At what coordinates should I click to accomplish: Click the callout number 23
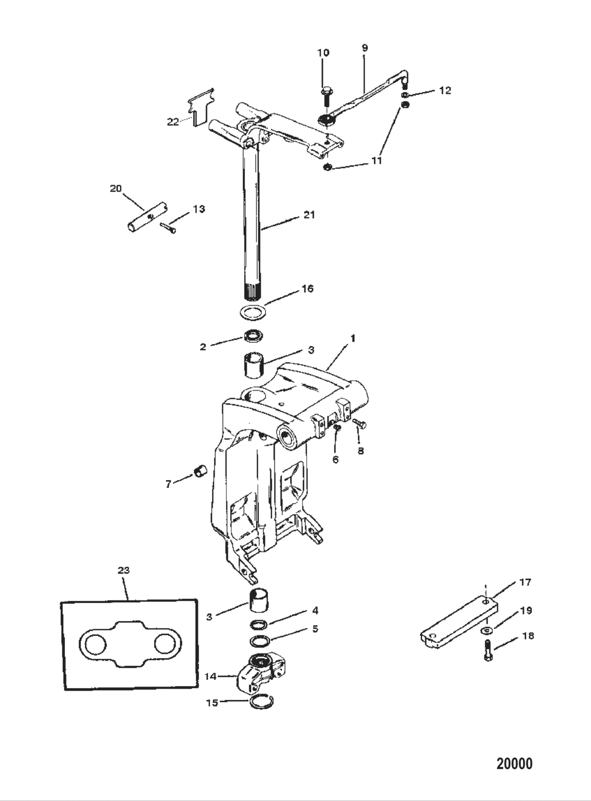coord(123,570)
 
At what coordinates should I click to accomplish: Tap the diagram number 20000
coord(514,764)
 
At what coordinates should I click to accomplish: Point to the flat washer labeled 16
coord(252,311)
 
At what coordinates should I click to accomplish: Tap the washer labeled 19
coord(485,631)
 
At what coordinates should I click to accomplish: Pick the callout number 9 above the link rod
coord(365,47)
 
